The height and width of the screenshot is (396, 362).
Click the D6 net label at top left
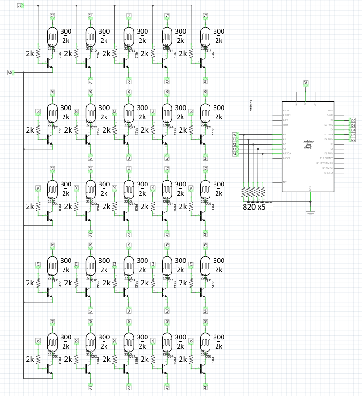pos(19,6)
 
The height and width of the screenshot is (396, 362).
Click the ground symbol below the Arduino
pos(311,212)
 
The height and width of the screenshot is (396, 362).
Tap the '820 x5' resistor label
pos(254,207)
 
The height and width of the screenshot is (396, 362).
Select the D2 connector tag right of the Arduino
pos(353,120)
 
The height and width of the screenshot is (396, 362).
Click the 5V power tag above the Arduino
pos(305,83)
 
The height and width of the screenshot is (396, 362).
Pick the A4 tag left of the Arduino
pos(234,154)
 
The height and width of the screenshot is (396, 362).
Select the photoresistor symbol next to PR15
pos(206,35)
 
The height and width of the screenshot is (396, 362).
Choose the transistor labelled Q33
pos(126,215)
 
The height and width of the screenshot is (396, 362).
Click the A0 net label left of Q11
pos(10,72)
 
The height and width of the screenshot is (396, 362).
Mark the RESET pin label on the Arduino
pos(286,111)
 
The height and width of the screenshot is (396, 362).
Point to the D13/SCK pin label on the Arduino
pos(328,172)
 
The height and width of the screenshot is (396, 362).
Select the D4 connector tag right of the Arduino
pos(353,130)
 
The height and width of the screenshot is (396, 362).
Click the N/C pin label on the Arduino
pos(286,182)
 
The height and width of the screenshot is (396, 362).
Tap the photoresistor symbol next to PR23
pos(129,111)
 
